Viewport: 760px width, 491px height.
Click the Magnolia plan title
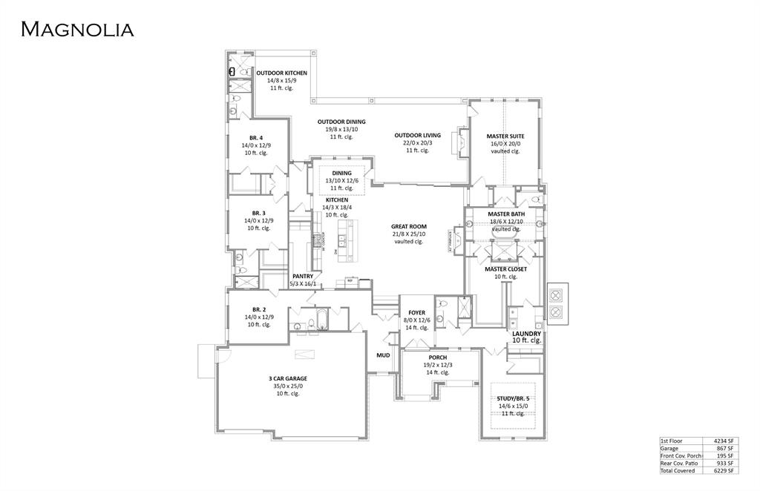click(x=77, y=30)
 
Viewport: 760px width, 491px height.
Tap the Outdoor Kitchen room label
click(x=281, y=73)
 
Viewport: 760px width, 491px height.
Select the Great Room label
click(x=408, y=227)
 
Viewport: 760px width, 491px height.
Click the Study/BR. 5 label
click(x=513, y=398)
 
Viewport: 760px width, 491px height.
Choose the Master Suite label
click(x=505, y=136)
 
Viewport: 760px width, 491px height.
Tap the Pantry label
click(x=303, y=276)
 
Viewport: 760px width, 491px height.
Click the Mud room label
click(x=383, y=355)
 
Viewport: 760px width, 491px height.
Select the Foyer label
click(x=416, y=313)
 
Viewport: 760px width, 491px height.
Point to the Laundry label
click(x=526, y=334)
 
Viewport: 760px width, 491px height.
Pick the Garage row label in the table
click(x=669, y=448)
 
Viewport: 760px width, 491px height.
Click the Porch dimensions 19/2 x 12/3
click(x=437, y=365)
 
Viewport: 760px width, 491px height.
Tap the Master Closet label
click(x=505, y=269)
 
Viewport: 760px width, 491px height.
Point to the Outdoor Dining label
click(x=341, y=122)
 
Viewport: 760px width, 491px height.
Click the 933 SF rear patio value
click(x=725, y=463)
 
